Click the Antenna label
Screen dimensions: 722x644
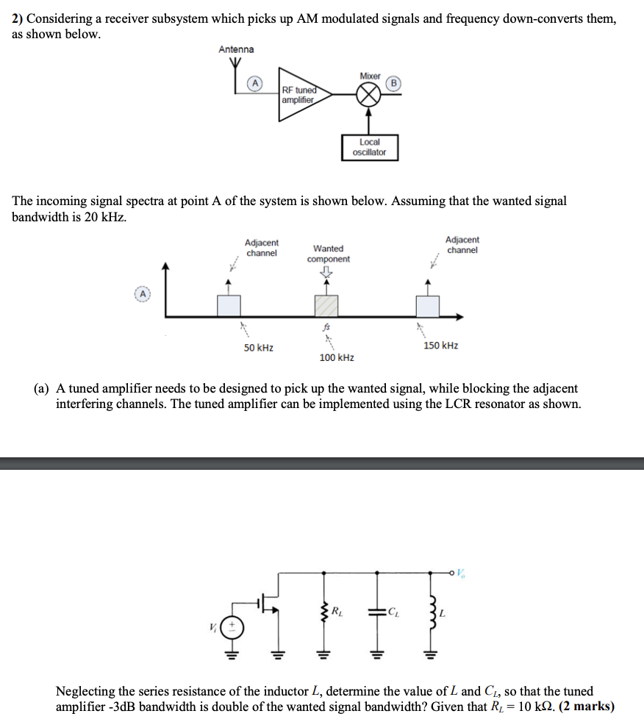(x=236, y=49)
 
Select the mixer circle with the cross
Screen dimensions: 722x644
(x=370, y=95)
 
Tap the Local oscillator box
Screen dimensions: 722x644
(x=369, y=147)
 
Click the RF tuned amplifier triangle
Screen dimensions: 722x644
(x=302, y=95)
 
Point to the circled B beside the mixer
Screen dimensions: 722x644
(x=393, y=83)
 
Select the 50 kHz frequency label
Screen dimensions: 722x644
(x=259, y=347)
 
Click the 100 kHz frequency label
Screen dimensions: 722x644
(x=337, y=357)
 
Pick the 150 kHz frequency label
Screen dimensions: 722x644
(x=440, y=346)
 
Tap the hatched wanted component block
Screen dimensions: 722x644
(x=326, y=306)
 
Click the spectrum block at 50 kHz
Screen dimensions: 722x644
(x=229, y=306)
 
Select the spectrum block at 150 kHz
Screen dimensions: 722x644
(x=427, y=306)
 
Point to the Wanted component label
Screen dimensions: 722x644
(x=328, y=254)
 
